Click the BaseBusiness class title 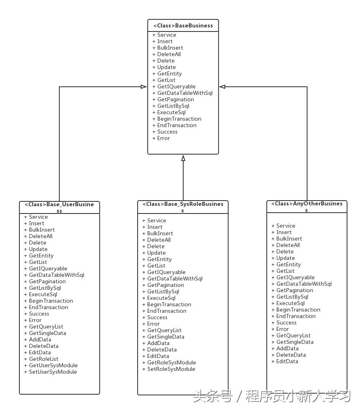pos(183,25)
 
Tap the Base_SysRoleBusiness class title pos(183,207)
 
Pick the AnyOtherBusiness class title pos(307,207)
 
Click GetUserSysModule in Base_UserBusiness pos(53,365)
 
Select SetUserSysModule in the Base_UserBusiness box pos(53,372)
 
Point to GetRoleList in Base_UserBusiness pos(44,359)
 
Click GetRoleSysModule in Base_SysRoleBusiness pos(172,362)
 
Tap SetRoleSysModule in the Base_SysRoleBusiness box pos(171,369)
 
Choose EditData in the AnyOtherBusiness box pos(287,361)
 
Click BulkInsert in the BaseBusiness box pos(170,48)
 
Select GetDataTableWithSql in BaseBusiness pos(185,93)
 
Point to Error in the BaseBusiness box pos(163,138)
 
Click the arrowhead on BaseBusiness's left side pos(144,87)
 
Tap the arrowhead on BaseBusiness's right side pos(222,87)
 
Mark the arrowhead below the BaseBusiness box pos(183,158)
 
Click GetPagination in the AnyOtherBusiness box pos(295,290)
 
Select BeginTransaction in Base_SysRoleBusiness pos(169,304)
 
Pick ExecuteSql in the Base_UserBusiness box pos(43,294)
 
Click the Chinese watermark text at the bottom pos(272,396)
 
